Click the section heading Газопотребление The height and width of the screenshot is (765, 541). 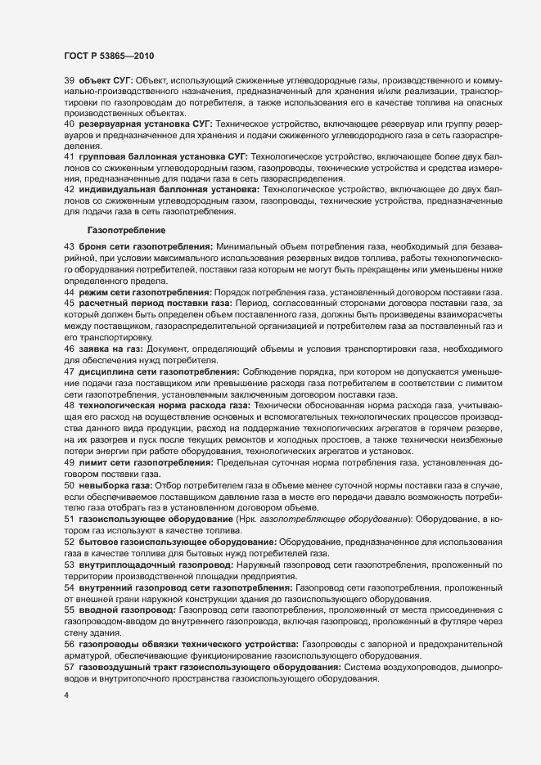point(128,231)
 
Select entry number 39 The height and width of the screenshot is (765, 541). point(69,80)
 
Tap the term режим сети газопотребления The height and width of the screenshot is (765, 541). point(145,292)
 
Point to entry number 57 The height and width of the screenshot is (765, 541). point(69,668)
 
